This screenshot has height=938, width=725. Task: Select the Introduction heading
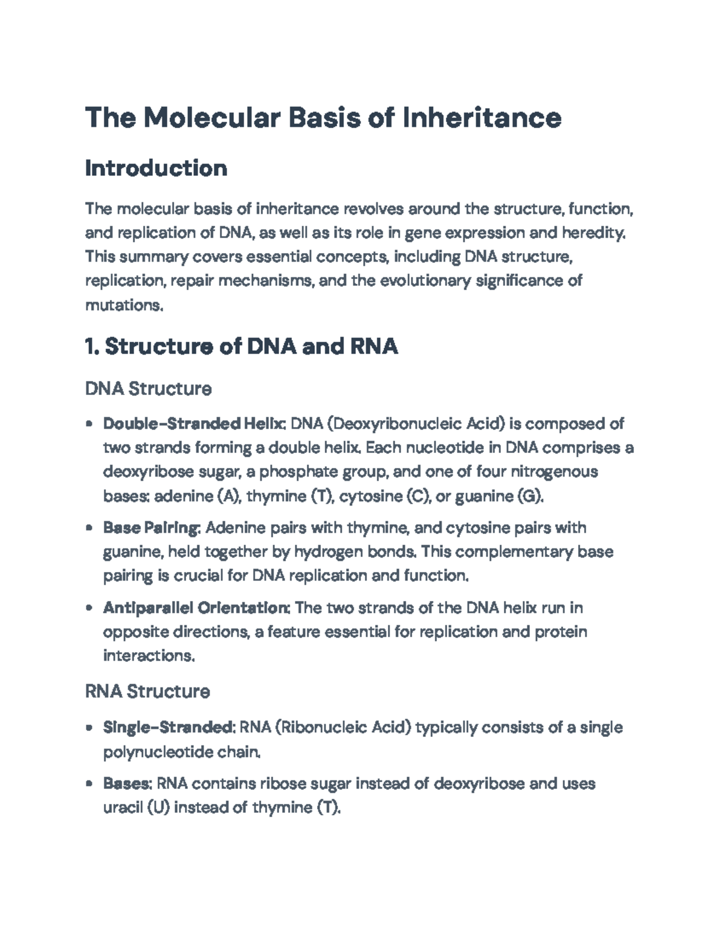156,168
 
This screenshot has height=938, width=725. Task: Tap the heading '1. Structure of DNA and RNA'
242,347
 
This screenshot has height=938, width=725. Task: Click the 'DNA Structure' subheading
149,388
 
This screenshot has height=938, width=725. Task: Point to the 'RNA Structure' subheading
147,692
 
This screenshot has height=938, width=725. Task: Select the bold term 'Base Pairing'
151,528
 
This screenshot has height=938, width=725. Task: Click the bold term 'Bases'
126,783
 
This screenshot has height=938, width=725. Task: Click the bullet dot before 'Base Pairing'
89,528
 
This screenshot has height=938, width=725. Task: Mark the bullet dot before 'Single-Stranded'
89,728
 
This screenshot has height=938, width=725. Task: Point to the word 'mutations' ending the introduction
123,306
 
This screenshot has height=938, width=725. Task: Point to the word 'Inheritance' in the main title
482,117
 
